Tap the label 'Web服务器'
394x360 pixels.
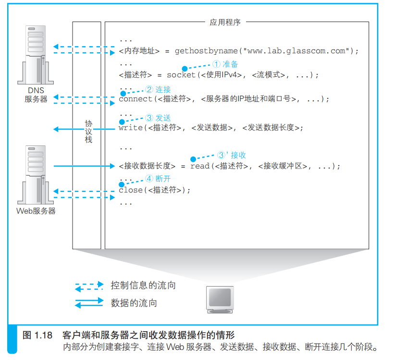[x=36, y=211]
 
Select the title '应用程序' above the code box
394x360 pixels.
[x=225, y=22]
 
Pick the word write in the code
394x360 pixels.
[x=130, y=128]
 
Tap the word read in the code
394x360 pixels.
[x=200, y=166]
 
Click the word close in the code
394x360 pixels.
[x=130, y=190]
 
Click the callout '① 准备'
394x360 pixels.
[x=225, y=64]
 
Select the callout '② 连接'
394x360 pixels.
[x=158, y=89]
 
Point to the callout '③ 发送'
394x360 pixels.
[x=158, y=118]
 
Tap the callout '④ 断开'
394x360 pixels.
[x=158, y=179]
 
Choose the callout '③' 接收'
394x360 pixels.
[x=232, y=155]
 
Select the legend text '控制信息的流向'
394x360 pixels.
[x=143, y=286]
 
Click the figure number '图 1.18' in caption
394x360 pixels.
[x=37, y=335]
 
